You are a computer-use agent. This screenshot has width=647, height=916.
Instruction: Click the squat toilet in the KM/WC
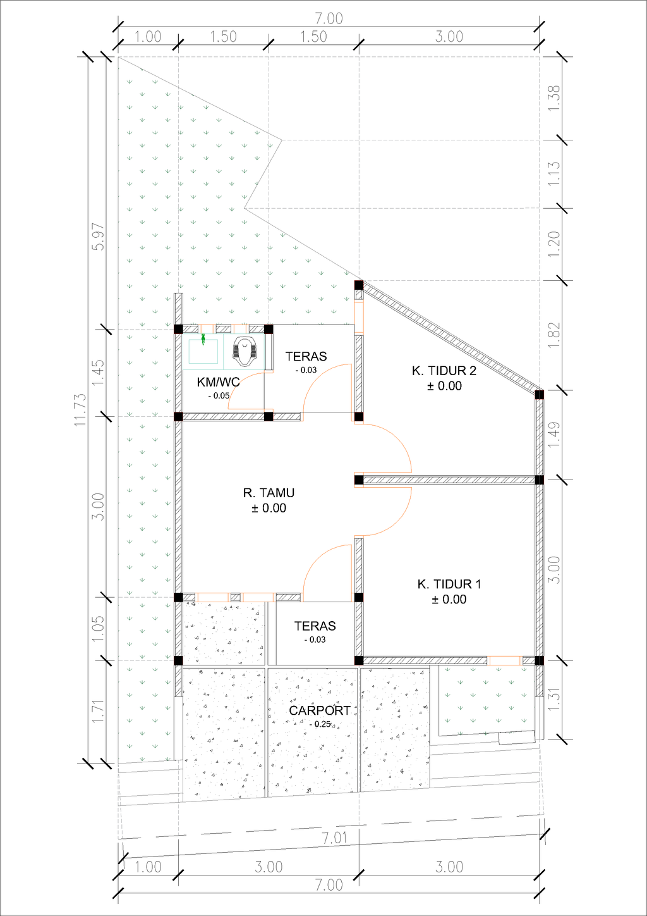245,351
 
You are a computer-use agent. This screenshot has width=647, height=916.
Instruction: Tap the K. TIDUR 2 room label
444,371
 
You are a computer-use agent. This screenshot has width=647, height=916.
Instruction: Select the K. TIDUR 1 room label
449,585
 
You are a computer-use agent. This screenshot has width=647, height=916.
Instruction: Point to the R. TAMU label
269,493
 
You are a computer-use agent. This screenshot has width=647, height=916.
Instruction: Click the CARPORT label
320,710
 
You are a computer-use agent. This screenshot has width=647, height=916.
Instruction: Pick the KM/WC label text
218,382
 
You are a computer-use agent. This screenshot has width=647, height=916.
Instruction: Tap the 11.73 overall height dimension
80,410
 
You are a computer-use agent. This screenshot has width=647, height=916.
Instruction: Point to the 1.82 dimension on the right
553,335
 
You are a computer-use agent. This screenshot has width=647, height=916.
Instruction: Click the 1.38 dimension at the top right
553,97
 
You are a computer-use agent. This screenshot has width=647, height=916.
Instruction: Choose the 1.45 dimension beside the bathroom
99,373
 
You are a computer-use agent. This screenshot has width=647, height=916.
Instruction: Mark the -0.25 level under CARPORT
320,724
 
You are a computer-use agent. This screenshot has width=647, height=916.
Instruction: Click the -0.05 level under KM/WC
219,396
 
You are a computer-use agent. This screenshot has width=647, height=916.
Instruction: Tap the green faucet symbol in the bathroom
203,339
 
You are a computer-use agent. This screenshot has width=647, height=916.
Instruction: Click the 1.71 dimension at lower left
99,712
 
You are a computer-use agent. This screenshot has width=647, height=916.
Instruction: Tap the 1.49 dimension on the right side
553,435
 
